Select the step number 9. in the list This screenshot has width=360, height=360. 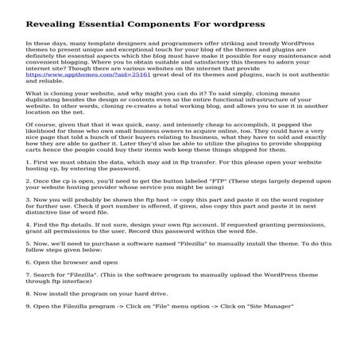coord(29,328)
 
